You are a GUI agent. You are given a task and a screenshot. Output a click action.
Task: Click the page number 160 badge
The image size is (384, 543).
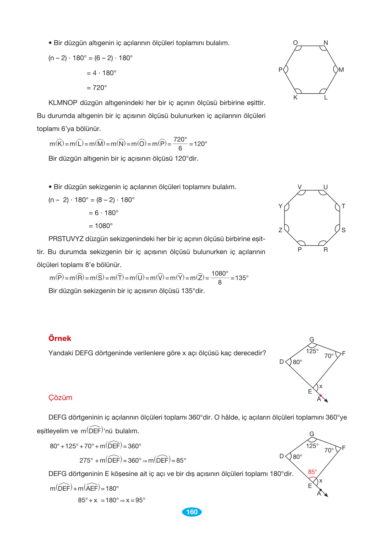pyautogui.click(x=192, y=512)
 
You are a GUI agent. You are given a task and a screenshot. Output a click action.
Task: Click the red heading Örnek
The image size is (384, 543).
pyautogui.click(x=60, y=338)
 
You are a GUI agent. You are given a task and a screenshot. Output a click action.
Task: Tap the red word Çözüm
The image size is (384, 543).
pyautogui.click(x=60, y=398)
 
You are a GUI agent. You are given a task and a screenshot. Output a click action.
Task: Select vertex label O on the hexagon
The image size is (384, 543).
pyautogui.click(x=295, y=43)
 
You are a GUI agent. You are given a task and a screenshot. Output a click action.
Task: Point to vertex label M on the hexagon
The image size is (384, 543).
pyautogui.click(x=341, y=70)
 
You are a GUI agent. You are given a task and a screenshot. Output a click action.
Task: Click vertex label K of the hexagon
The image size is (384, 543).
pyautogui.click(x=295, y=97)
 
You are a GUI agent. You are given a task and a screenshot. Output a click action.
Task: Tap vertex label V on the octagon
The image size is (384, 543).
pyautogui.click(x=300, y=187)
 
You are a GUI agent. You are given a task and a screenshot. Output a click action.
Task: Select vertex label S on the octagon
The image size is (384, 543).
pyautogui.click(x=343, y=230)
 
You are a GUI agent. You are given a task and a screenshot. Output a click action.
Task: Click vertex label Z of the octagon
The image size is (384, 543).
pyautogui.click(x=280, y=230)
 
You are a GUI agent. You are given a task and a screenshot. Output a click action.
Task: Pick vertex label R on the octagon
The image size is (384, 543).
pyautogui.click(x=326, y=250)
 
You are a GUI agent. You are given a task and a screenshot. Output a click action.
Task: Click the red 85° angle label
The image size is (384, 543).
pyautogui.click(x=313, y=472)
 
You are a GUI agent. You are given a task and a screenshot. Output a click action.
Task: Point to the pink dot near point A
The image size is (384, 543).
pyautogui.click(x=320, y=395)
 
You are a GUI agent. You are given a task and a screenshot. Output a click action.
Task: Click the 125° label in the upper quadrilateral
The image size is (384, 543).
pyautogui.click(x=312, y=351)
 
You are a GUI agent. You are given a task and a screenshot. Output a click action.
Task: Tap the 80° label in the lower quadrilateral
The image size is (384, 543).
pyautogui.click(x=297, y=457)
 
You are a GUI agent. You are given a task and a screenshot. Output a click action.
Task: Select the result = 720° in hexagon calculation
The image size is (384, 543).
pyautogui.click(x=97, y=88)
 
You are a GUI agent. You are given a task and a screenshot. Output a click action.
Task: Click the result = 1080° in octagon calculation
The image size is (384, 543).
pyautogui.click(x=101, y=226)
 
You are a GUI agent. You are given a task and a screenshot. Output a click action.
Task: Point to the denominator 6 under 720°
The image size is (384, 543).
pyautogui.click(x=180, y=148)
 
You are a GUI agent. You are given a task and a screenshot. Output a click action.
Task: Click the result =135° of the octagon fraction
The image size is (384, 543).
pyautogui.click(x=239, y=278)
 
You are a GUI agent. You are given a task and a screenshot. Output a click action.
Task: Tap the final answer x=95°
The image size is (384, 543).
pyautogui.click(x=136, y=500)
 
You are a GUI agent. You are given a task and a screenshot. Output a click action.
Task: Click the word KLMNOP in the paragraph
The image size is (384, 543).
pyautogui.click(x=63, y=103)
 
